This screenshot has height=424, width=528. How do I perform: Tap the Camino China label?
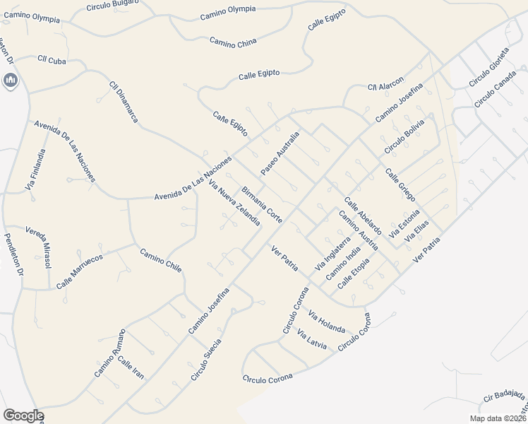pos(233,43)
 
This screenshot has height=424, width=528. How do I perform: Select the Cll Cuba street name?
pos(52,60)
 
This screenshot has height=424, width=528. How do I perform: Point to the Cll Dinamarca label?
pos(124,102)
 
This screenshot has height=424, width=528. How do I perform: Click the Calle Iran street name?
pos(131,368)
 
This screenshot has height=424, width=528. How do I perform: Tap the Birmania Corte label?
pos(262,205)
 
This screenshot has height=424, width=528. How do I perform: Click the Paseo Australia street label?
pos(280,153)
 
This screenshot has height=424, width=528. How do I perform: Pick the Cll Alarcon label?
pos(385,83)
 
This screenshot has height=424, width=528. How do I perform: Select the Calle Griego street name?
pos(400,184)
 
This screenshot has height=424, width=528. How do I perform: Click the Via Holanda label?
pos(326,324)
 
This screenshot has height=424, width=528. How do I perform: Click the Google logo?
pos(23,416)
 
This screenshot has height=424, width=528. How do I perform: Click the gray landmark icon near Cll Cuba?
pos(11,82)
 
